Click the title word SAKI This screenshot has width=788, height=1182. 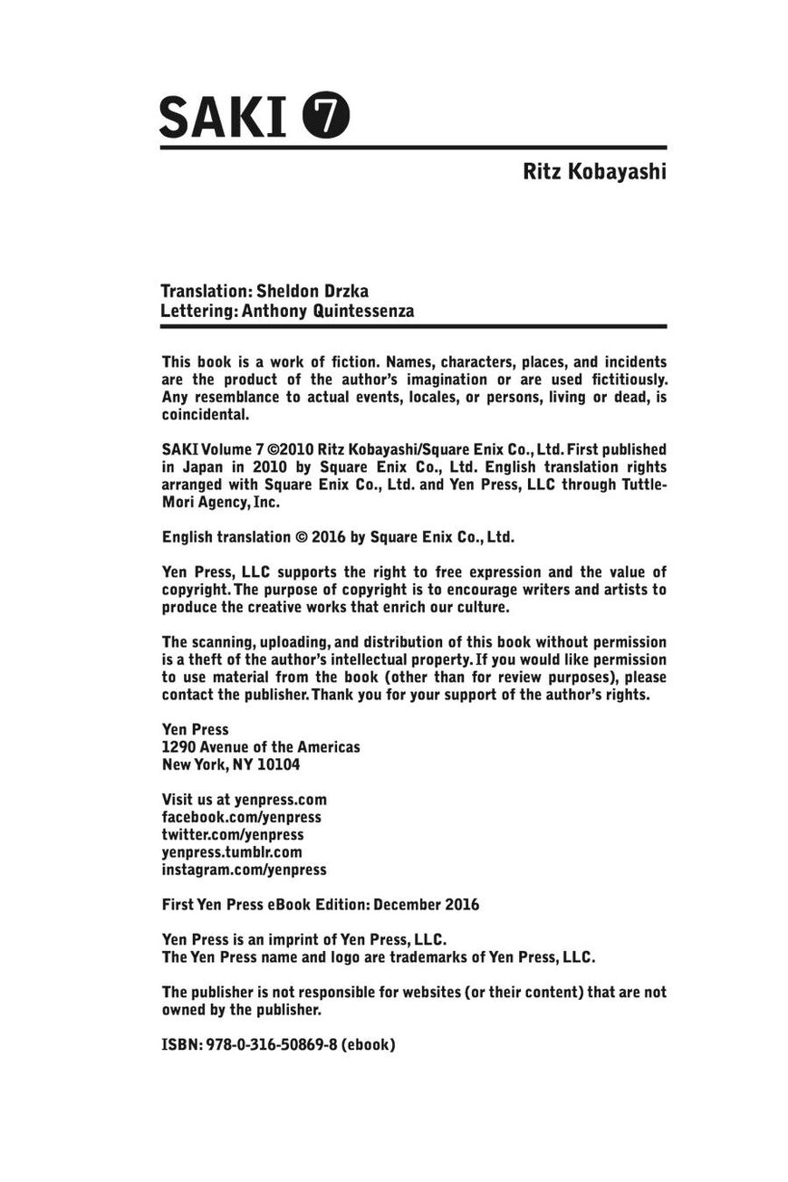[x=222, y=117]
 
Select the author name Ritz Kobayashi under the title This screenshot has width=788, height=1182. [x=594, y=171]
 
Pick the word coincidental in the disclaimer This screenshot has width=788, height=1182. [x=204, y=415]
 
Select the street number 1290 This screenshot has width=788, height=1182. [x=178, y=747]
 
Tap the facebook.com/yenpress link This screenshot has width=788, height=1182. [x=241, y=817]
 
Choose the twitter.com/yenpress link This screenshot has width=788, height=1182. [x=233, y=834]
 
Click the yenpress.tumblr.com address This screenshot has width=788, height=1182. [x=232, y=852]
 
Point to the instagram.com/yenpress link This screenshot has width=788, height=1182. [x=244, y=870]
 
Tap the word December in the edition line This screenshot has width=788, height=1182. [x=406, y=905]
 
